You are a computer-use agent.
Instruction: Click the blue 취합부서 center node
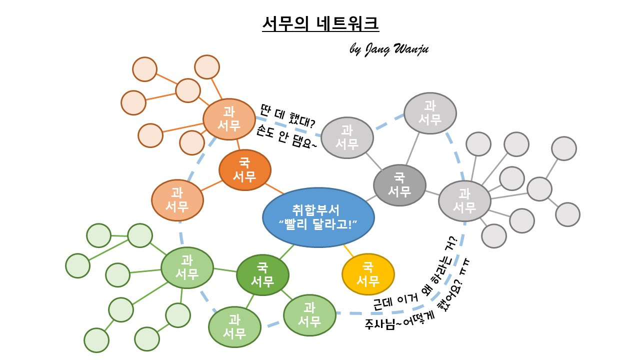tap(318, 217)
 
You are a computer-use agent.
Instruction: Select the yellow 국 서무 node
tap(368, 274)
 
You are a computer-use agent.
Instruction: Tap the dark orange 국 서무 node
tap(245, 170)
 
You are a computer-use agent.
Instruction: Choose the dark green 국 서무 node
tap(262, 275)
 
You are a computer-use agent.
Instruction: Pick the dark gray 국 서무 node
tap(399, 185)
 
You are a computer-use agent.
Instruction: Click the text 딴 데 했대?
tap(288, 115)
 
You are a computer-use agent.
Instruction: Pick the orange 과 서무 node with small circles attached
tap(229, 119)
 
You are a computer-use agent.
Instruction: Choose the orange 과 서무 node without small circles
tap(177, 200)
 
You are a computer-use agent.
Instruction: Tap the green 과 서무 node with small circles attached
tap(187, 267)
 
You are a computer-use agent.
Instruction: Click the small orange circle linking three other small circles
tap(188, 90)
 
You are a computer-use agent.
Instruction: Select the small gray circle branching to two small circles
tap(539, 188)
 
